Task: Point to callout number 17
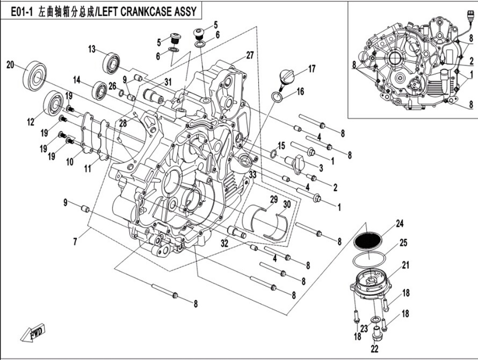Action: tap(311, 68)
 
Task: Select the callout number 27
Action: tap(250, 55)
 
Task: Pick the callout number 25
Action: tap(403, 243)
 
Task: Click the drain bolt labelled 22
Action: tap(376, 335)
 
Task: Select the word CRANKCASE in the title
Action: tap(146, 11)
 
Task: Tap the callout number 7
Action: tap(75, 242)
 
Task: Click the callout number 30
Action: tap(287, 204)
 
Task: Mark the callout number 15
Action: tap(281, 145)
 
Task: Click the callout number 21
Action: tap(406, 265)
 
